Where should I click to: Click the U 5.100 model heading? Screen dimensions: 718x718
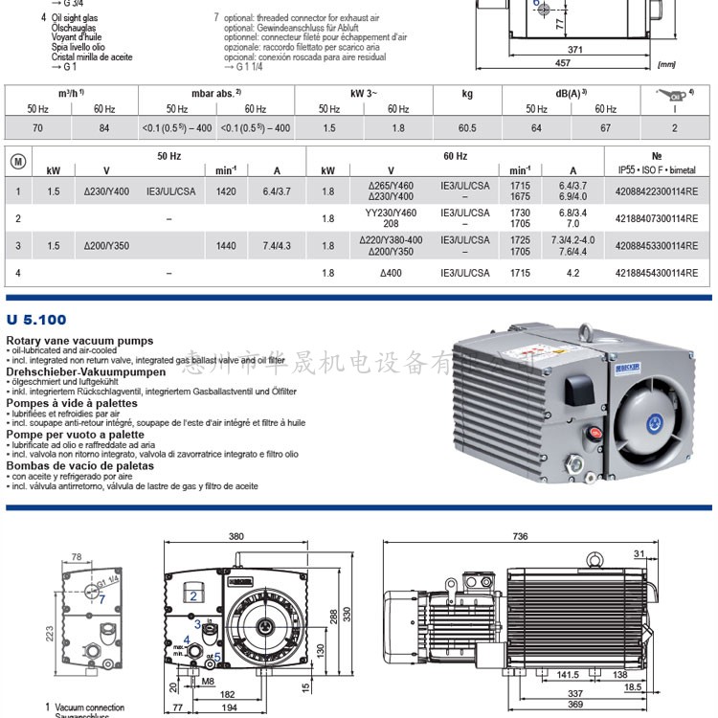pyautogui.click(x=36, y=320)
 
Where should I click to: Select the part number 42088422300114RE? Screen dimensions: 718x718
pyautogui.click(x=659, y=191)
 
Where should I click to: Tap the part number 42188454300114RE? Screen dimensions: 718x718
pyautogui.click(x=659, y=273)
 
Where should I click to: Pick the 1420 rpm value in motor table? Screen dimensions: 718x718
pyautogui.click(x=226, y=191)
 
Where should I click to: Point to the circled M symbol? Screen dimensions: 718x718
pyautogui.click(x=17, y=161)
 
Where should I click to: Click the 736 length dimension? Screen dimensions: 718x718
pyautogui.click(x=520, y=537)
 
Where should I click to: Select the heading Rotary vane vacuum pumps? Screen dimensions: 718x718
pyautogui.click(x=79, y=341)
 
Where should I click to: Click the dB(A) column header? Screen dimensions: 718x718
pyautogui.click(x=571, y=93)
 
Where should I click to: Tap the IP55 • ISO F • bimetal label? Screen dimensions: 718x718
pyautogui.click(x=657, y=171)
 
